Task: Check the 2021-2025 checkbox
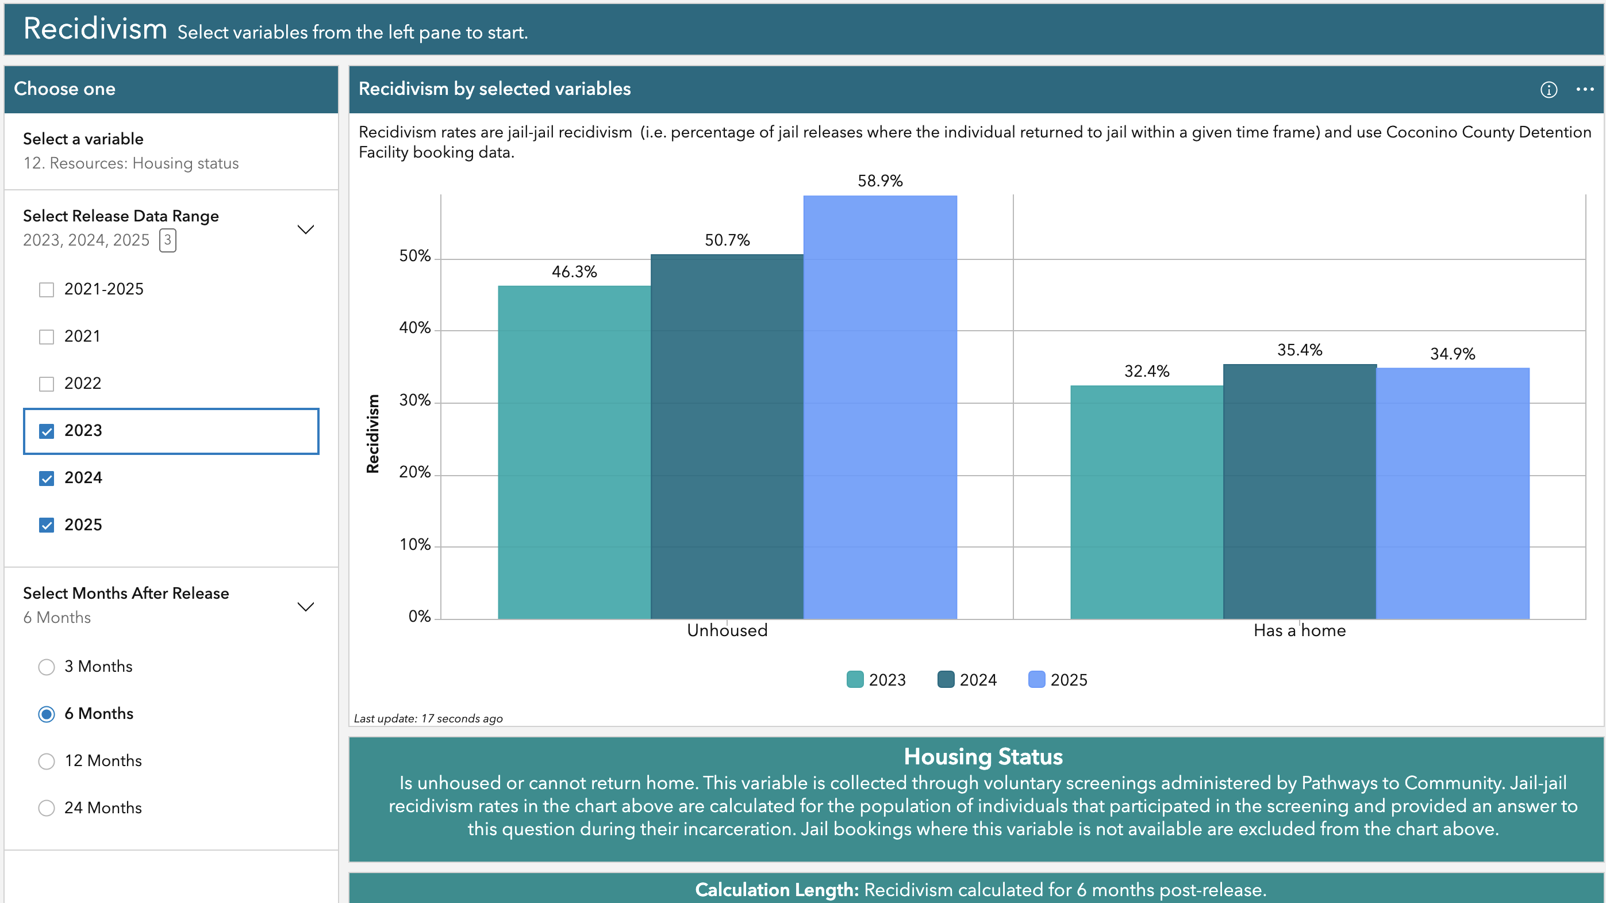coord(47,290)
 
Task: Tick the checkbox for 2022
coord(47,384)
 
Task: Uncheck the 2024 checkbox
coord(47,479)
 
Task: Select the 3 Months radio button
coord(47,667)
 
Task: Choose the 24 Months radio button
coord(47,808)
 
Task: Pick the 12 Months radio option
coord(47,762)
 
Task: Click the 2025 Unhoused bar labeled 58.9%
coord(879,405)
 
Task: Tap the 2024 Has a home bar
coord(1299,493)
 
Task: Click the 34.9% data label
coord(1452,354)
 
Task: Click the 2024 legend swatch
coord(946,680)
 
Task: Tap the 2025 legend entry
coord(1058,680)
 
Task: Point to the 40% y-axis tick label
coord(414,328)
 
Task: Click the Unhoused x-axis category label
coord(727,630)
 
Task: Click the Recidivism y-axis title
coord(373,434)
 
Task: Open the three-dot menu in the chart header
coord(1585,89)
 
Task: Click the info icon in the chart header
coord(1549,90)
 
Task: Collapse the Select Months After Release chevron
coord(305,606)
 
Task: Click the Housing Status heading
coord(983,756)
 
